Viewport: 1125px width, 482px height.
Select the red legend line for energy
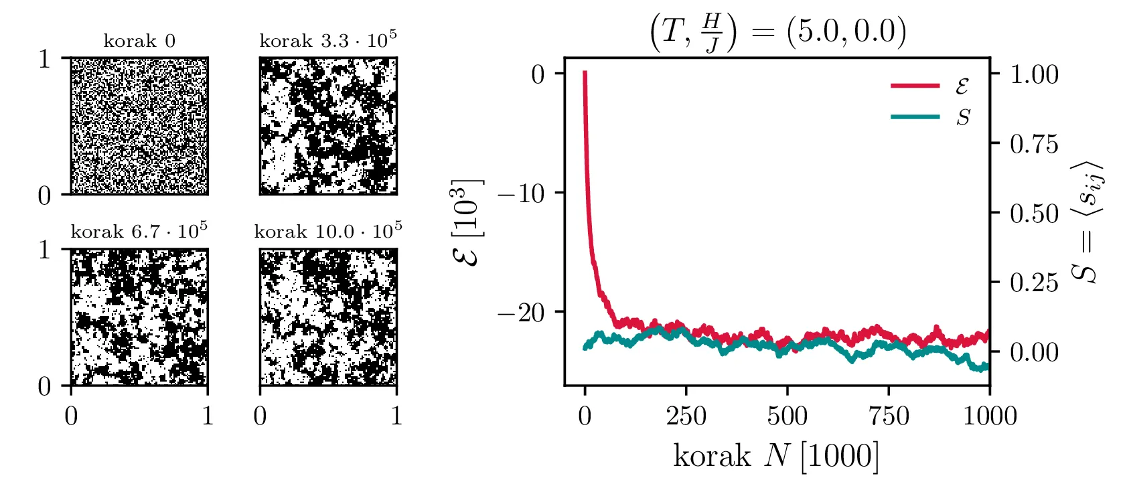click(x=915, y=86)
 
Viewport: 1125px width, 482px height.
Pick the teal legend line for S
click(x=915, y=117)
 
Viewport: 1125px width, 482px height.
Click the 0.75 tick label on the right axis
click(x=1034, y=144)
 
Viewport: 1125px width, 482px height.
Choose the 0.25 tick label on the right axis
click(x=1034, y=283)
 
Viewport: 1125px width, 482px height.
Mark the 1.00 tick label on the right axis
click(x=1034, y=74)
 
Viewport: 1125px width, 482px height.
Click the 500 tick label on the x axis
click(x=787, y=416)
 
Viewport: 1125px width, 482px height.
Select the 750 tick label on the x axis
click(x=889, y=416)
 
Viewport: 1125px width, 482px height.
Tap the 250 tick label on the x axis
click(x=686, y=416)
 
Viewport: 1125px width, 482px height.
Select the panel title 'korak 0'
click(x=139, y=42)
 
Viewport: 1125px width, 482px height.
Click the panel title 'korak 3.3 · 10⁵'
click(x=328, y=40)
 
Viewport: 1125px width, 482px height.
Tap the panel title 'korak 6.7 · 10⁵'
click(x=139, y=232)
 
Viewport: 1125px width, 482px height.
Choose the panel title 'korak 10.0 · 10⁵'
click(x=328, y=232)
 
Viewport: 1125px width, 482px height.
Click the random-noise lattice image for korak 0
click(x=139, y=126)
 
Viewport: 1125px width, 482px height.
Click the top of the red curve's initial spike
click(x=585, y=73)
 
